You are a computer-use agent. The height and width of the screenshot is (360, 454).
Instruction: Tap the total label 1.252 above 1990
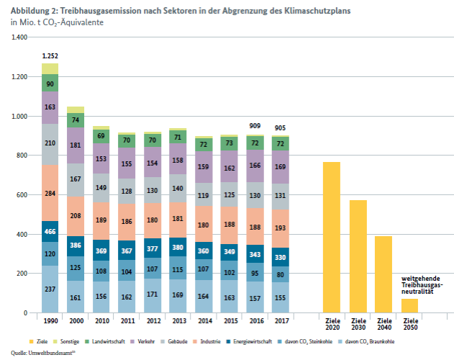pos(50,55)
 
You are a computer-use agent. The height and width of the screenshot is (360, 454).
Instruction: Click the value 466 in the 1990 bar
pos(50,232)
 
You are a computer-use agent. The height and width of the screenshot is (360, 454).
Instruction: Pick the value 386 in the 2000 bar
pos(76,246)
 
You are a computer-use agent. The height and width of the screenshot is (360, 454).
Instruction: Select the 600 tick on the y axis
pos(22,195)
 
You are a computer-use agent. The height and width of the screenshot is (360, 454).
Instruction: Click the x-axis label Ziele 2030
pos(358,323)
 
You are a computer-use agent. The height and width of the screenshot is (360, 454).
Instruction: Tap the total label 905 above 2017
pos(280,128)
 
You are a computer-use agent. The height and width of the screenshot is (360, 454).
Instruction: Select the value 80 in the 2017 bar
pos(280,274)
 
